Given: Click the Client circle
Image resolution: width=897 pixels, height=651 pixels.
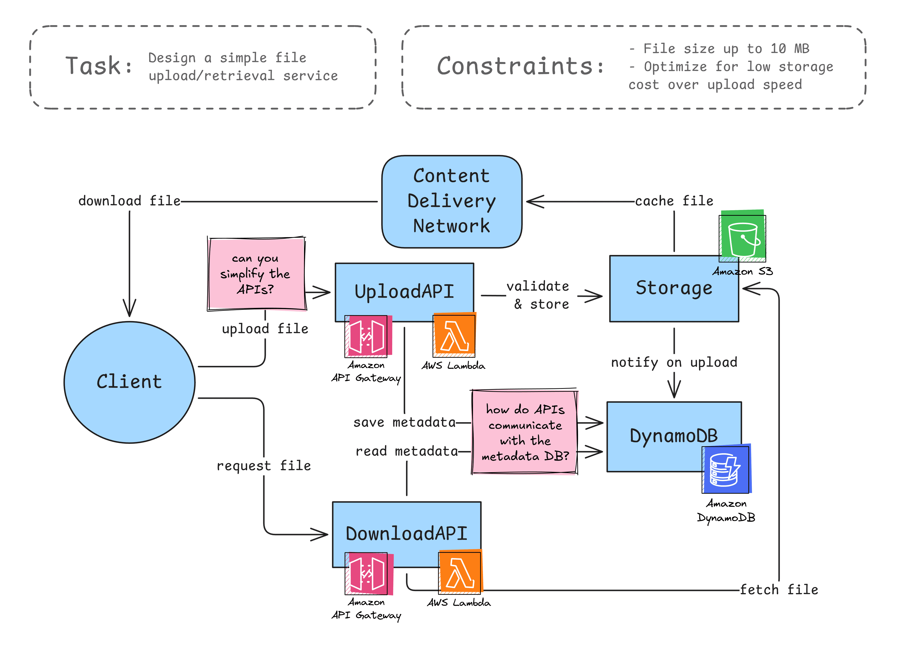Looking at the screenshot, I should point(129,382).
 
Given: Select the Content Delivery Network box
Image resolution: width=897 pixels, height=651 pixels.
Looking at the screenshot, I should point(451,202).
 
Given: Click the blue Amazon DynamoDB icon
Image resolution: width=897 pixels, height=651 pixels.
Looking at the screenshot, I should point(726,470).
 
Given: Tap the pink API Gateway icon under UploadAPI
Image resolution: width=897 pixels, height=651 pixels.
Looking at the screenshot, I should point(367,336).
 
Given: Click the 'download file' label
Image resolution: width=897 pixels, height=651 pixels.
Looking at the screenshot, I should point(129,201).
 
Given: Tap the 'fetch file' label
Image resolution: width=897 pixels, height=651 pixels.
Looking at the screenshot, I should point(778,589).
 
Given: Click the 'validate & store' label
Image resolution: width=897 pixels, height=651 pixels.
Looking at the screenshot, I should point(539,295).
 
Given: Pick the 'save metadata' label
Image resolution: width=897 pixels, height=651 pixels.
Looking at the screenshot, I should point(404,422).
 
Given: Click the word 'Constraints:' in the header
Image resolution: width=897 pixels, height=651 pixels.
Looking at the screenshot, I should point(520,66).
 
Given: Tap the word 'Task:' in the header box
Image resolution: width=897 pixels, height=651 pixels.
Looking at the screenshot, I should point(99,66).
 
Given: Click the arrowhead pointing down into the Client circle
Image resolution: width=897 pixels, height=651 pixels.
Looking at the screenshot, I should point(129,308).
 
